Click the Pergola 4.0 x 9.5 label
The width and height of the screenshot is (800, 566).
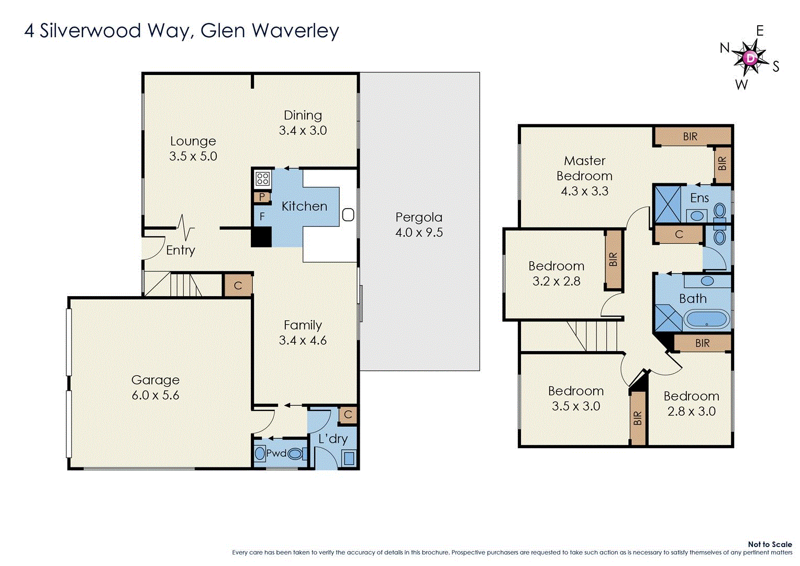[x=419, y=225]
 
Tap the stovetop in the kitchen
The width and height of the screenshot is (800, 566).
[x=262, y=179]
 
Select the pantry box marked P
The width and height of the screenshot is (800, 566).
[x=261, y=198]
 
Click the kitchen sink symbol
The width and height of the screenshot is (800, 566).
[x=348, y=214]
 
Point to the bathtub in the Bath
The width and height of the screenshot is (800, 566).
[x=706, y=319]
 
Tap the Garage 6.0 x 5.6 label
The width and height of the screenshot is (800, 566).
[x=155, y=387]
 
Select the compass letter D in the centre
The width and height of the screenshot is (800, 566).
[x=750, y=58]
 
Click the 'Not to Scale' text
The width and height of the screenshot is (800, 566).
[x=770, y=545]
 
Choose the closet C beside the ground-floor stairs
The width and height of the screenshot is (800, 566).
[x=238, y=286]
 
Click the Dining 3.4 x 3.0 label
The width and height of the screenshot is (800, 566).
[x=303, y=123]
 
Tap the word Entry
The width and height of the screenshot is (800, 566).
[x=181, y=251]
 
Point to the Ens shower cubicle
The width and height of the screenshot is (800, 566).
[x=668, y=204]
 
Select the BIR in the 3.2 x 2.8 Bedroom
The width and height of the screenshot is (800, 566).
[x=613, y=259]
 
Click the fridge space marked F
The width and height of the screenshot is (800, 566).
[x=262, y=216]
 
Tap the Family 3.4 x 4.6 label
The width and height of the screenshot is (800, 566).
[x=303, y=333]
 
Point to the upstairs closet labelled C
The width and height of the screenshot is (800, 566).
[x=679, y=234]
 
